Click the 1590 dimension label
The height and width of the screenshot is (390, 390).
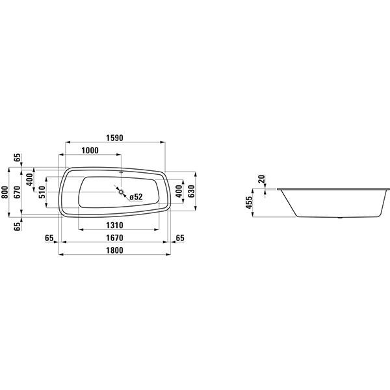[114, 138]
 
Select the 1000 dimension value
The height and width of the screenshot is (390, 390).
[90, 151]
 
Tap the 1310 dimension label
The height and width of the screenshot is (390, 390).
[114, 226]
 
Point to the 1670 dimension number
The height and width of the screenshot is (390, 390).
[114, 238]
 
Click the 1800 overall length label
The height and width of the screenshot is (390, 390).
[114, 250]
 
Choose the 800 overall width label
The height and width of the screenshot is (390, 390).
[5, 192]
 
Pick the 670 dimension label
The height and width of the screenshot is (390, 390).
[17, 192]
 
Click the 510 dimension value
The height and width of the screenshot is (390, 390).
[42, 192]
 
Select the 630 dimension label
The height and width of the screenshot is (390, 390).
[191, 191]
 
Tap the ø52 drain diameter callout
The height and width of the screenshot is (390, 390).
[136, 197]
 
